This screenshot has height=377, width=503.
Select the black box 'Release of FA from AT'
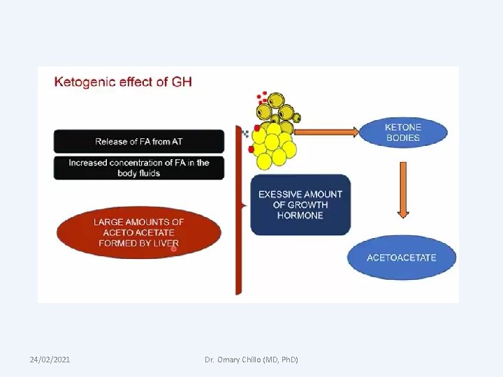[139, 141]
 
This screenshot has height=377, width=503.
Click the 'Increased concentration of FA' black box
[139, 168]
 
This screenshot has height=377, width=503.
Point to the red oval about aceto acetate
[138, 232]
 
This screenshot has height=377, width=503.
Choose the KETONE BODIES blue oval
[402, 133]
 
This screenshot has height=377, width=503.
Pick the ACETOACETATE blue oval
[401, 257]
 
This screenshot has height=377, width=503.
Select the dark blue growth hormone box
[300, 205]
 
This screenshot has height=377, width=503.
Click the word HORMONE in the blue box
[300, 216]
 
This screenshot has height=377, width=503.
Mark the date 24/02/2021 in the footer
[50, 359]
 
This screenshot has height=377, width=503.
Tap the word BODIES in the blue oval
[403, 138]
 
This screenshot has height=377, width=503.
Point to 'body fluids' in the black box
[139, 173]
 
